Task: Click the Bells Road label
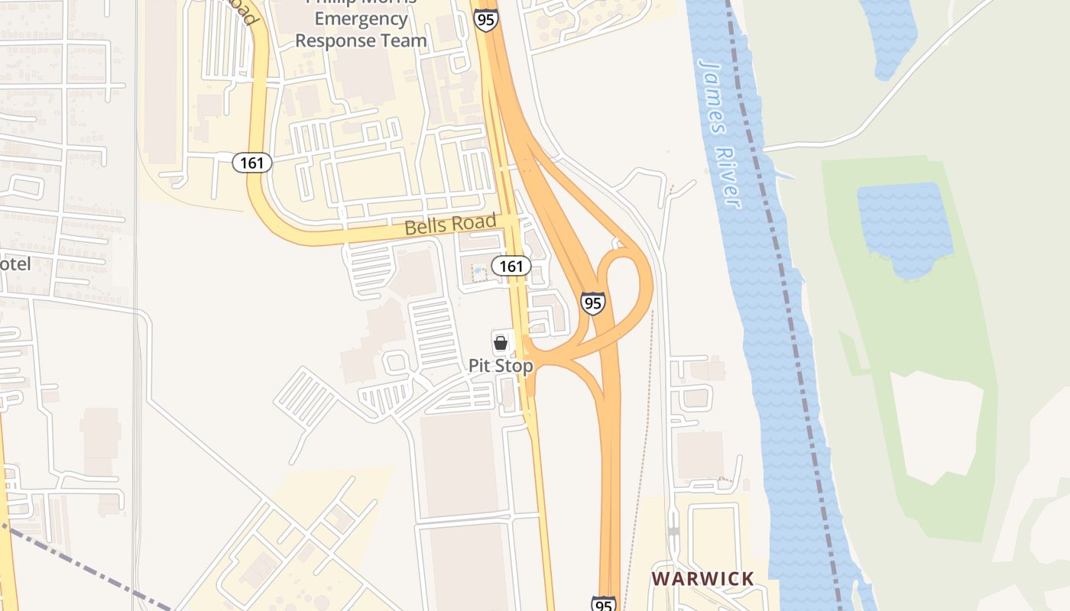[450, 225]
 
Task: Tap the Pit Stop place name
[501, 366]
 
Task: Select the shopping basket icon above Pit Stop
[501, 343]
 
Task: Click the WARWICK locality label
[702, 579]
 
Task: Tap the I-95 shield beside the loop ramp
[592, 302]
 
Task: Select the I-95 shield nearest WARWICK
[603, 604]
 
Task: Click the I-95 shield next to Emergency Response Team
[485, 18]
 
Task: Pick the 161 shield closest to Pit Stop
[511, 266]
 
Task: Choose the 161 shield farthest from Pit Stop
[252, 162]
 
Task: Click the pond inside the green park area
[905, 226]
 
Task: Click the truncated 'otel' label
[15, 264]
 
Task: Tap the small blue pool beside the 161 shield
[479, 273]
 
